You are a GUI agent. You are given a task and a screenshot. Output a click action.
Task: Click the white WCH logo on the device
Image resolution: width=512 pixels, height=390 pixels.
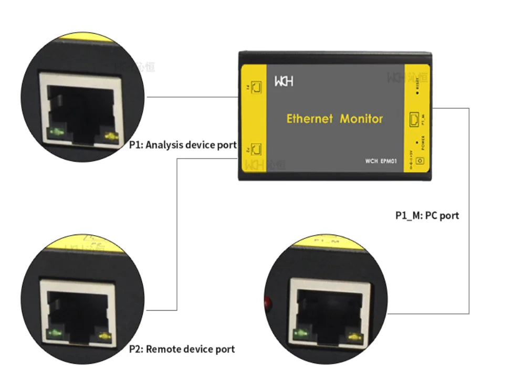(284, 82)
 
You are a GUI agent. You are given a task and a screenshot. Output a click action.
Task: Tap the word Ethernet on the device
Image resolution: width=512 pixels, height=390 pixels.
(310, 119)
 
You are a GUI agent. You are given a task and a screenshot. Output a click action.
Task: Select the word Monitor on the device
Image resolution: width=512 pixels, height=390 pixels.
(361, 119)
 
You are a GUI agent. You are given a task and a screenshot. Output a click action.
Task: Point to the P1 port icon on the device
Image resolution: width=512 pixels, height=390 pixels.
(257, 87)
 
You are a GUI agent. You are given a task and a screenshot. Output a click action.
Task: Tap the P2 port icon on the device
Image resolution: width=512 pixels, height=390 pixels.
(257, 150)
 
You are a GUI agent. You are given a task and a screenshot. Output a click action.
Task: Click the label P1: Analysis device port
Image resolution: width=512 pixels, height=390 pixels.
(183, 145)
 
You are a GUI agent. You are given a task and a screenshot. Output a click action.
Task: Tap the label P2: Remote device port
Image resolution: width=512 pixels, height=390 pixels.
(182, 349)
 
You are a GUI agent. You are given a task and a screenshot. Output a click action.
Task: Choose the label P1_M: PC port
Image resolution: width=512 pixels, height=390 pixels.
(427, 215)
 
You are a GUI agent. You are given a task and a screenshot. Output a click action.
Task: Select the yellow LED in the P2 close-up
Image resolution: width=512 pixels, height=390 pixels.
(105, 336)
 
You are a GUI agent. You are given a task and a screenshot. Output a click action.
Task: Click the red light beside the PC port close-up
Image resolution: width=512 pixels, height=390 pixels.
(266, 303)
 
